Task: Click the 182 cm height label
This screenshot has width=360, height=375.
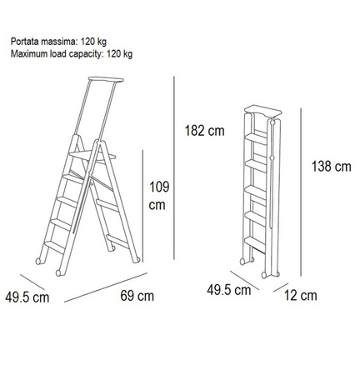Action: (205, 131)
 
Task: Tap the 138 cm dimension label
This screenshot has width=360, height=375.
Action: (332, 167)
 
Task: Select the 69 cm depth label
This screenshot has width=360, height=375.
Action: (137, 296)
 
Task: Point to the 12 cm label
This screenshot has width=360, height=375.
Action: (301, 295)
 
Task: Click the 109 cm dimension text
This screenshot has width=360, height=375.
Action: (159, 196)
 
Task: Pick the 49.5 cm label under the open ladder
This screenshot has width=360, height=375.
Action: (27, 297)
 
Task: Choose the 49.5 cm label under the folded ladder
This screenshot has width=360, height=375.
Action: (229, 290)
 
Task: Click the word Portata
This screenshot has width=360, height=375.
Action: (24, 42)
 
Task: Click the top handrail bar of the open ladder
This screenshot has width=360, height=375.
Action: (106, 79)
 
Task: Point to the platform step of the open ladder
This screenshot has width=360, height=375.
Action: (92, 156)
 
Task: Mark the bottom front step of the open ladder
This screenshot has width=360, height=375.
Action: (55, 247)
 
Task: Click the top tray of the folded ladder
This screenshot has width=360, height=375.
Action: (263, 110)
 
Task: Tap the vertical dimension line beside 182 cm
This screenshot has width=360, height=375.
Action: (174, 167)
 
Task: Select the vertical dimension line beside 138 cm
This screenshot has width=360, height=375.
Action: (301, 192)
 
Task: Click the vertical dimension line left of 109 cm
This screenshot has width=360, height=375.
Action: (142, 206)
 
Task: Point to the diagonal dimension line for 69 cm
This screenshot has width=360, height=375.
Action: (106, 287)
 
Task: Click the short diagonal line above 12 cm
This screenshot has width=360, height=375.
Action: (281, 287)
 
